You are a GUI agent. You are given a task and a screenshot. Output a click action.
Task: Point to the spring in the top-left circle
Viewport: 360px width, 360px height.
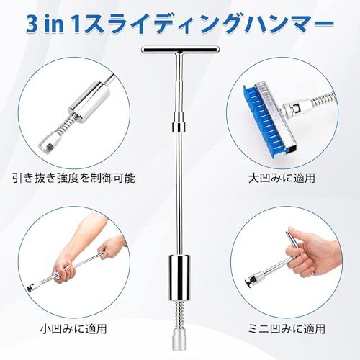(x=65, y=120)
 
